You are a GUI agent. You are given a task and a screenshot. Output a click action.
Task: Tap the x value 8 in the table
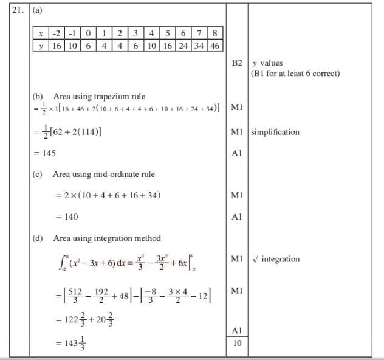tap(215, 33)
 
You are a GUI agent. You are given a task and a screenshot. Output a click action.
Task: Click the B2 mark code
tap(237, 63)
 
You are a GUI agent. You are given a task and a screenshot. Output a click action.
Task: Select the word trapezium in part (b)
tap(108, 96)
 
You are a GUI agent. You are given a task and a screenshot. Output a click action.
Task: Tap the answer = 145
tap(44, 153)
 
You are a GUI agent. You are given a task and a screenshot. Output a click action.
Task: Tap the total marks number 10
tap(237, 344)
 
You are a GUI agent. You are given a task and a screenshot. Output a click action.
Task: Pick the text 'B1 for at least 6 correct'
tap(295, 74)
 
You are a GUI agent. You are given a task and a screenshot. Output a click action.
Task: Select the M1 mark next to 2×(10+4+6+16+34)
tap(237, 195)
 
